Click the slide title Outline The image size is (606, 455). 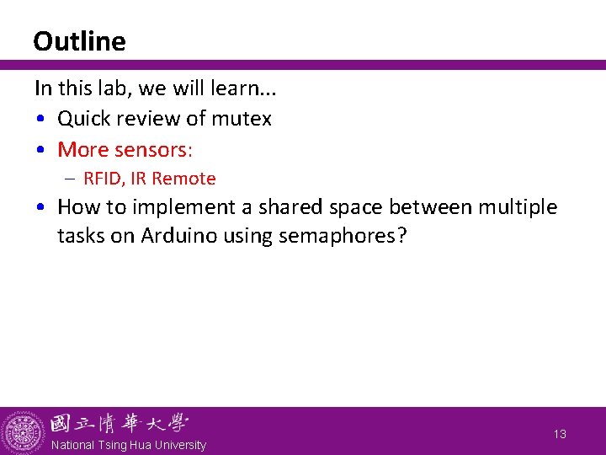pyautogui.click(x=79, y=41)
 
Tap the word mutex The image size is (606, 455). pyautogui.click(x=242, y=119)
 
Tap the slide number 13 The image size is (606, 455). pyautogui.click(x=560, y=434)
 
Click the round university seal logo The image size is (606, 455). pyautogui.click(x=24, y=431)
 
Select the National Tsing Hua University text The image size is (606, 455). pyautogui.click(x=128, y=445)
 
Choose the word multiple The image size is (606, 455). pyautogui.click(x=516, y=207)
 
